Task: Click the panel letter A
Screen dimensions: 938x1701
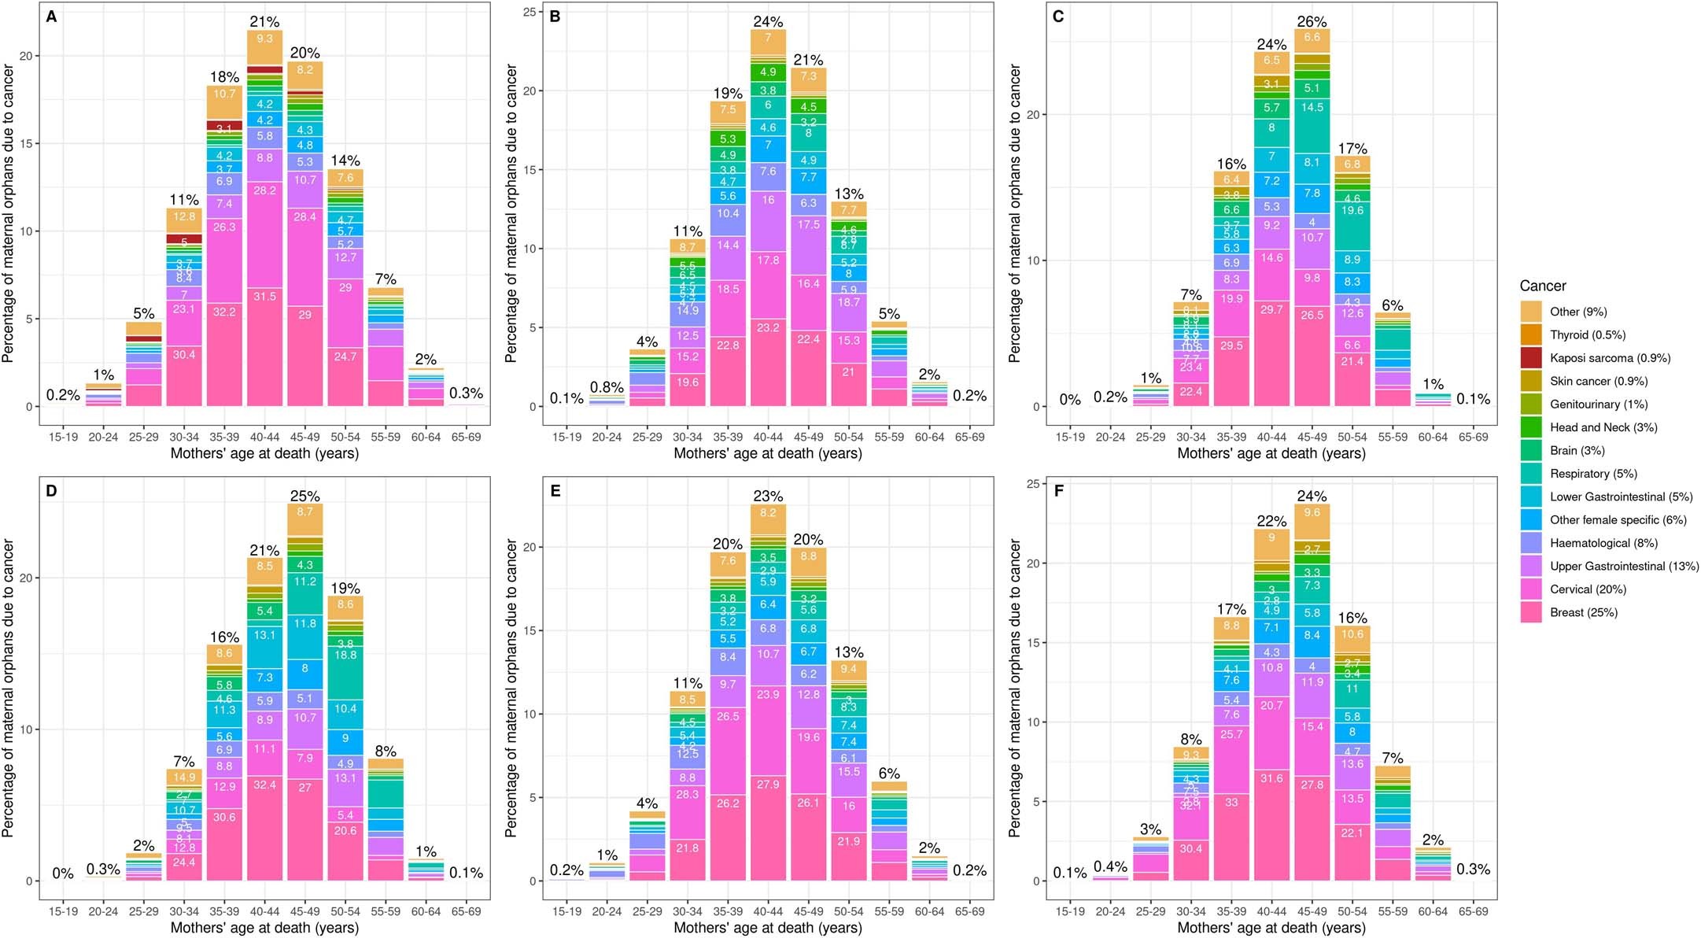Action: (x=51, y=17)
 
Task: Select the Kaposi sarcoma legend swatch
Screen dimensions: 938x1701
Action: (x=1531, y=358)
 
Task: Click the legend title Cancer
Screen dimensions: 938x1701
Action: (x=1542, y=286)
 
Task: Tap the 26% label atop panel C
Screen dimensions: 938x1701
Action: (x=1312, y=21)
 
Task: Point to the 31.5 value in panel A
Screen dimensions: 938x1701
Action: (x=264, y=297)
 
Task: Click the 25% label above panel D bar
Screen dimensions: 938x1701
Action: (x=305, y=496)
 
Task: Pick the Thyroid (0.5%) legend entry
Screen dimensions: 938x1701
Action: (x=1587, y=335)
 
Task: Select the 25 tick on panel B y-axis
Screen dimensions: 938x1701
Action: (x=529, y=12)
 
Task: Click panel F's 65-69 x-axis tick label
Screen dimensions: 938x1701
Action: (x=1473, y=911)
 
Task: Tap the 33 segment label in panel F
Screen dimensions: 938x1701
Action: (x=1231, y=803)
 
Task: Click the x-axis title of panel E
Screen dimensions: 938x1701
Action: (x=767, y=928)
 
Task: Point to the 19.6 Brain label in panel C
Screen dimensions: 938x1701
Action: (x=1352, y=211)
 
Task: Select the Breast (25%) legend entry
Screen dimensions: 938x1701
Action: (x=1583, y=613)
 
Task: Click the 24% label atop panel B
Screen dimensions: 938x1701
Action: (x=768, y=21)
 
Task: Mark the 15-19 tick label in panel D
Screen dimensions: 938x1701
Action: (x=63, y=911)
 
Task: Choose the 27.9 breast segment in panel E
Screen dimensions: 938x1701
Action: (x=768, y=785)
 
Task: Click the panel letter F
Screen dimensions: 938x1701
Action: (x=1058, y=491)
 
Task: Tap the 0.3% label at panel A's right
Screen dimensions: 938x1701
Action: (x=466, y=393)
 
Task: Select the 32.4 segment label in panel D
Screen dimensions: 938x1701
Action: (x=264, y=785)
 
